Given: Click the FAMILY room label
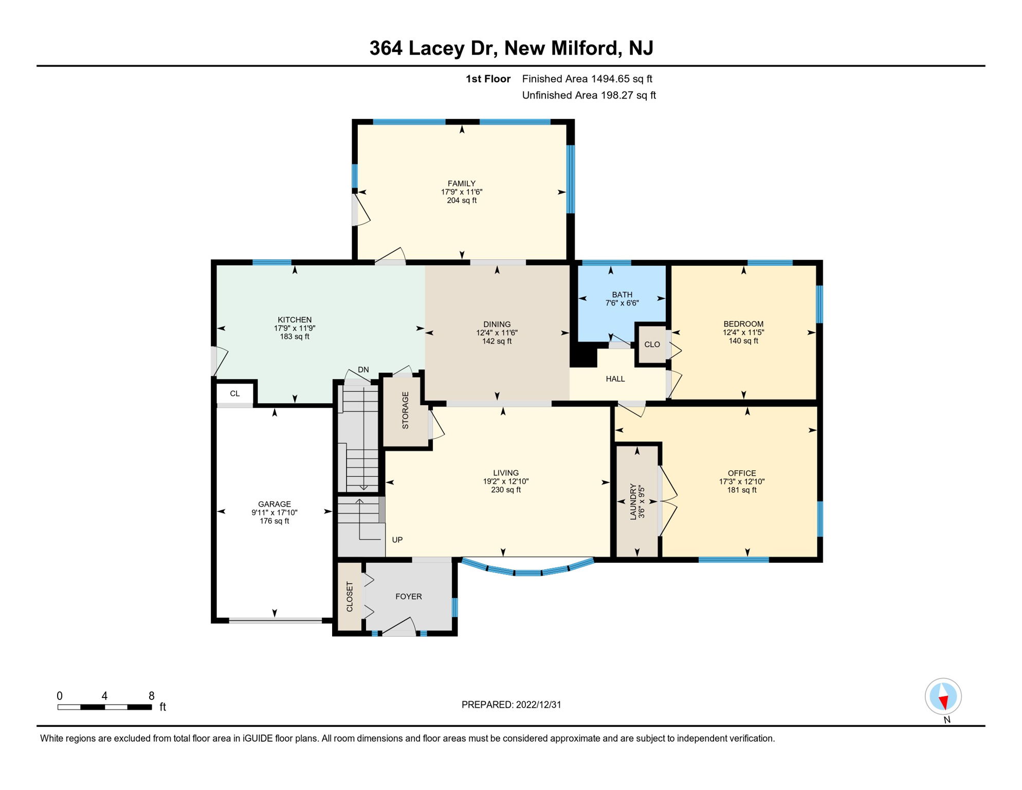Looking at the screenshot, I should [x=461, y=184].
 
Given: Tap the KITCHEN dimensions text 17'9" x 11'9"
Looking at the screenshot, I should [x=295, y=328].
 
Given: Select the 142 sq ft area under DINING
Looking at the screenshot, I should [x=497, y=341].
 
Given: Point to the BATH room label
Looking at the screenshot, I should [x=622, y=295].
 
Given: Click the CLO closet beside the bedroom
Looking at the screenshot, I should [x=652, y=345].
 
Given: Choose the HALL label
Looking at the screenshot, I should [x=615, y=379].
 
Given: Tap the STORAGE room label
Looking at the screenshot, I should [x=405, y=410].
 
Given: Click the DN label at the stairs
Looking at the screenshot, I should [x=363, y=370].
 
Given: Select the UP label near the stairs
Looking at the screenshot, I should [x=397, y=540].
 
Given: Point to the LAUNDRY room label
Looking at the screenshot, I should [x=633, y=501].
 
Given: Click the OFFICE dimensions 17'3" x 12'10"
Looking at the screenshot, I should [x=741, y=482].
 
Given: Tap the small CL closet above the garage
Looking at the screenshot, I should [x=235, y=394].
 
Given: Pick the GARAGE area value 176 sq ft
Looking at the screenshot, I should [x=274, y=521].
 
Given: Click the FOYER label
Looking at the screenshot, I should [x=409, y=597].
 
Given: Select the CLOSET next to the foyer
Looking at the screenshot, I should [x=350, y=597].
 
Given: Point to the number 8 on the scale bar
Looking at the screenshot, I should [x=151, y=696].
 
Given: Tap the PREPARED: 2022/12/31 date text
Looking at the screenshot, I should [x=511, y=705].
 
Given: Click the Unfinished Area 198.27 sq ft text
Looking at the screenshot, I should [x=589, y=95].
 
